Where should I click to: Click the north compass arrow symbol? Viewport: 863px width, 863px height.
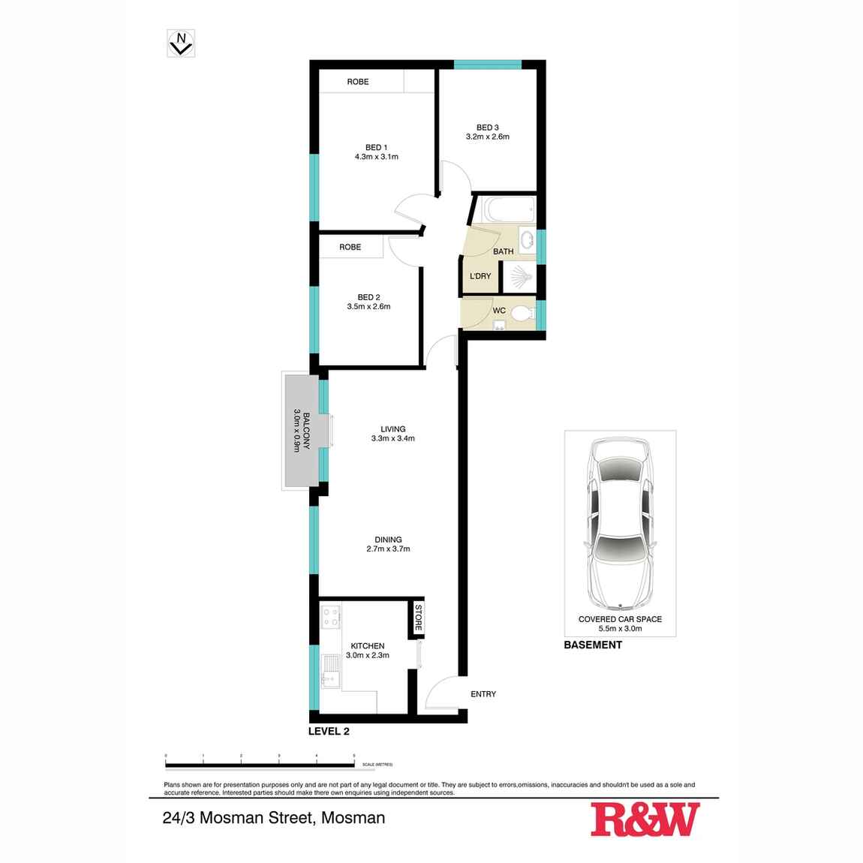181,44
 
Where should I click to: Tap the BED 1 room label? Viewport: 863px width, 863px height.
376,146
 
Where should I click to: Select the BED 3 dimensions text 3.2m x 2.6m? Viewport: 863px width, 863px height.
487,137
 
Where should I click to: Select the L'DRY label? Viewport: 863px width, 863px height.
480,276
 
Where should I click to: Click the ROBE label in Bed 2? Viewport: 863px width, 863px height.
350,247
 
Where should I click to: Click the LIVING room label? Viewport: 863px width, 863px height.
392,429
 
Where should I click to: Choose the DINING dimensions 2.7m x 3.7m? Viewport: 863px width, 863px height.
389,549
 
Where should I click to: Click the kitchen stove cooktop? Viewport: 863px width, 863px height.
332,619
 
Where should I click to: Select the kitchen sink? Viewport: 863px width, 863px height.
329,669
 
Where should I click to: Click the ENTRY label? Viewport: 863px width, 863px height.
483,694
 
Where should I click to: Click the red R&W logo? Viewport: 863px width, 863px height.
645,819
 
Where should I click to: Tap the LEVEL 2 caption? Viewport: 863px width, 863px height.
329,731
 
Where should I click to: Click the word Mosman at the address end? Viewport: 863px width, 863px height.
353,817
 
